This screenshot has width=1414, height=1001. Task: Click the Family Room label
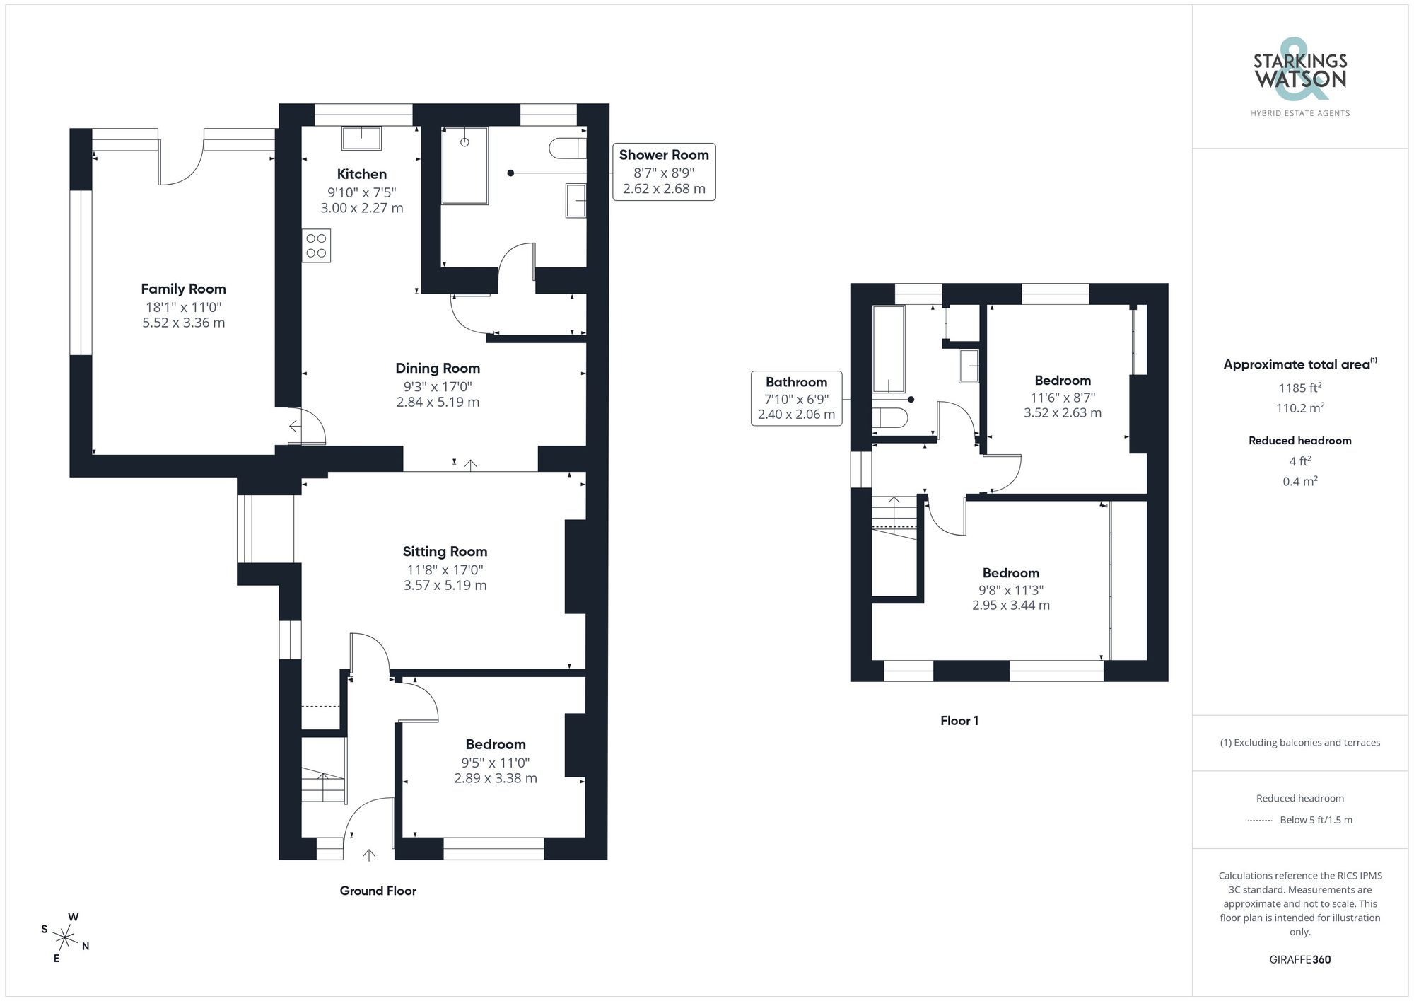(183, 289)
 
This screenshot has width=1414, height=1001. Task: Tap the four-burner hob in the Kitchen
(316, 245)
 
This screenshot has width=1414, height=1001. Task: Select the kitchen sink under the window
(361, 138)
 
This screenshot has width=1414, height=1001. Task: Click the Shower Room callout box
(663, 172)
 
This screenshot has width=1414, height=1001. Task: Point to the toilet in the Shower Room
(568, 148)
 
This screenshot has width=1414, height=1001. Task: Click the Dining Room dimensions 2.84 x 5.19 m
(438, 402)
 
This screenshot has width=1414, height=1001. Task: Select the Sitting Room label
(445, 551)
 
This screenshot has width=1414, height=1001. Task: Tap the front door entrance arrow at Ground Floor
(368, 855)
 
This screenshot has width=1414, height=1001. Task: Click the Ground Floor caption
(378, 891)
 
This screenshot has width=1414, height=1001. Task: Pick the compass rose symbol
(65, 939)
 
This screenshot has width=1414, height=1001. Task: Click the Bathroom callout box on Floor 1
(796, 398)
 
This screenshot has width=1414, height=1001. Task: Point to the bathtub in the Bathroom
(889, 349)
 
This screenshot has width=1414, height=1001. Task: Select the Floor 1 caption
(959, 721)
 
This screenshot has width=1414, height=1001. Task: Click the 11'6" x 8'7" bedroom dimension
(1062, 398)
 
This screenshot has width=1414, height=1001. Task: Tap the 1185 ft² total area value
(1299, 388)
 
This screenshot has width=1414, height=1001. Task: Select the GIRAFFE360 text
(1299, 959)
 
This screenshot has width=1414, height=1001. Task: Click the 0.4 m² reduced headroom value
(1299, 481)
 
